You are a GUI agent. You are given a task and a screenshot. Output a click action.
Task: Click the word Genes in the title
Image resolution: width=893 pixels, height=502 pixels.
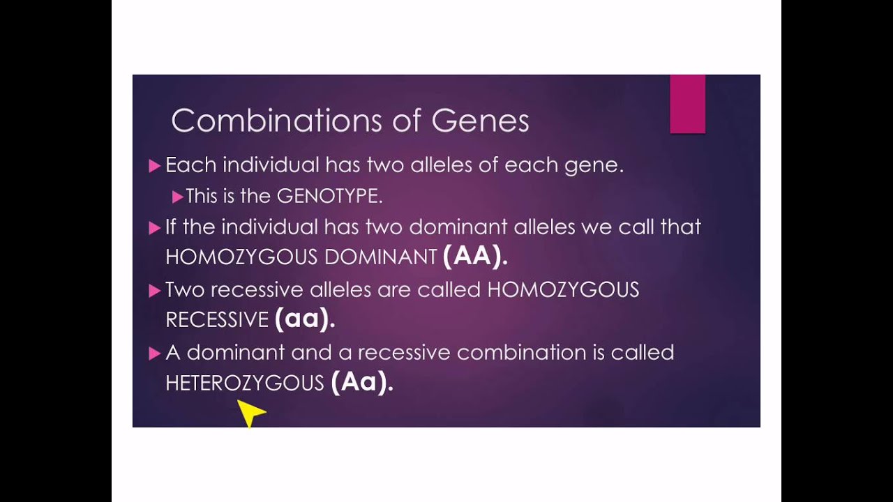[480, 121]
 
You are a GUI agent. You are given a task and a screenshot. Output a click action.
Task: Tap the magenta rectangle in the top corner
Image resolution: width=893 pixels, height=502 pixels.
[687, 104]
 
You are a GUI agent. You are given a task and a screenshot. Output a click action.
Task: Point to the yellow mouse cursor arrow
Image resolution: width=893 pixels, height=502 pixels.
[249, 412]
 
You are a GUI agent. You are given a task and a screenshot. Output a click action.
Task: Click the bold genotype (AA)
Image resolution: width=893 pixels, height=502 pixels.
[474, 256]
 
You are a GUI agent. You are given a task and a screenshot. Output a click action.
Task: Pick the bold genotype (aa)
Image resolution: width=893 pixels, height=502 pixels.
[305, 319]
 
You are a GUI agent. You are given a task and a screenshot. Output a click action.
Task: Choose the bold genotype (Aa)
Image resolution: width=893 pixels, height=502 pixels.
[362, 382]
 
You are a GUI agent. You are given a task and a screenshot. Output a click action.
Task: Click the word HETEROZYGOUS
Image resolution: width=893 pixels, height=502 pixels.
[245, 383]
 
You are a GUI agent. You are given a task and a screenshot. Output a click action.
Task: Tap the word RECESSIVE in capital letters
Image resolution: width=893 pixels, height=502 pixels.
[217, 320]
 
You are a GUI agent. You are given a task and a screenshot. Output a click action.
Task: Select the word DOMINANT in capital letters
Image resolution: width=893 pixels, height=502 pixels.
[380, 257]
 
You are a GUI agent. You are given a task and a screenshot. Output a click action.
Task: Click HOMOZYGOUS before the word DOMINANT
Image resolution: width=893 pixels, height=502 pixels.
[241, 257]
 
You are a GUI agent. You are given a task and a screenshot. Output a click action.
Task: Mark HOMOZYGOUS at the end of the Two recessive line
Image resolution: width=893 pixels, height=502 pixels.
[563, 290]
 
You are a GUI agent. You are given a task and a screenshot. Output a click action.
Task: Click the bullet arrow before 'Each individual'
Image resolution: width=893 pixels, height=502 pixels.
[155, 166]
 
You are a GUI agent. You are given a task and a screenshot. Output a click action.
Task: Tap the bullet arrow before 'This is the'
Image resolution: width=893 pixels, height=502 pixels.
[177, 197]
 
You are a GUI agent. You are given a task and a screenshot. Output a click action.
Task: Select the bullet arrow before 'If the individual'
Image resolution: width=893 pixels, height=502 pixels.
[155, 227]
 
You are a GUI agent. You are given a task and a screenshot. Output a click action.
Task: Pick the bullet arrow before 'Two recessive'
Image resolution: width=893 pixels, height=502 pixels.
[155, 291]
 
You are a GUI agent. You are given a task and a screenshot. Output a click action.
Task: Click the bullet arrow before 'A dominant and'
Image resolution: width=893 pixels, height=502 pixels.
[155, 353]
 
